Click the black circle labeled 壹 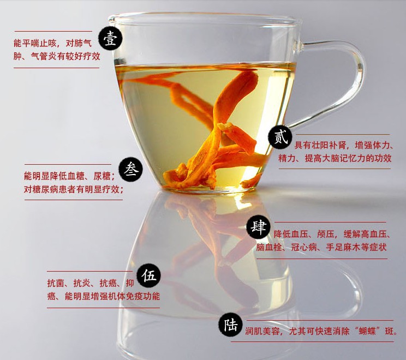click(110, 39)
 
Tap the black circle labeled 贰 click(280, 136)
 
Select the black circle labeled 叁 click(131, 170)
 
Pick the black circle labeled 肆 click(258, 227)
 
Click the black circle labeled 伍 click(148, 275)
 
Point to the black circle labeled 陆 click(230, 325)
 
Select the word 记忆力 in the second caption click(353, 158)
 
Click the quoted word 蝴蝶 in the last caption click(367, 331)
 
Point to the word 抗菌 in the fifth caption click(56, 283)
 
